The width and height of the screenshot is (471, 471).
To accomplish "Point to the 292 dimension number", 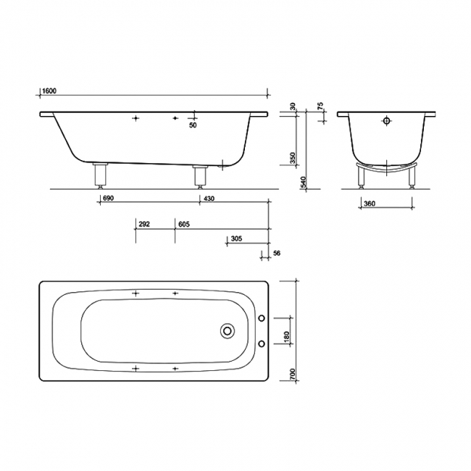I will [143, 225].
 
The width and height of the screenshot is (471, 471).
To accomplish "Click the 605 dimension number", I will [183, 225].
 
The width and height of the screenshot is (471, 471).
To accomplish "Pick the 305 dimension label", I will [236, 239].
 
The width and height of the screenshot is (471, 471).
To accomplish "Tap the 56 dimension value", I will [275, 254].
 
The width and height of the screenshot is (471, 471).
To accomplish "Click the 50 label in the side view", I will [193, 126].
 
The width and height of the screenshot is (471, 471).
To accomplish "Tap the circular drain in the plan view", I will [228, 330].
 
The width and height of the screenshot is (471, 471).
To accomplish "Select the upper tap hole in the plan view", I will [262, 317].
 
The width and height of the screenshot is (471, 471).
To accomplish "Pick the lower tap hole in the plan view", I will [262, 343].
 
